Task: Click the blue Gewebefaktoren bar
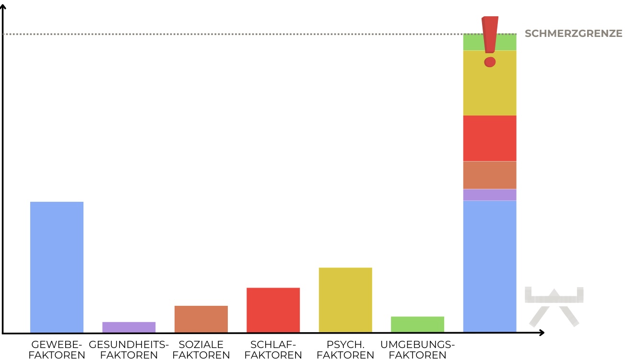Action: point(57,267)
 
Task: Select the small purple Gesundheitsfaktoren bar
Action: point(129,327)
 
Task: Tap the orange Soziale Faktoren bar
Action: point(201,319)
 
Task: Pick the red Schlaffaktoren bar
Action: point(273,310)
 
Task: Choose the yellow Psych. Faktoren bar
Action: point(345,300)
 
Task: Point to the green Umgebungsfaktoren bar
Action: point(417,325)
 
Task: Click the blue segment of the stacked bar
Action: point(489,266)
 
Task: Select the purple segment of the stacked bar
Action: point(489,195)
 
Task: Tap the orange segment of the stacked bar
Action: point(489,175)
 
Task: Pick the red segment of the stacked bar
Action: point(489,138)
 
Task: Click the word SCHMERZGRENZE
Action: point(573,34)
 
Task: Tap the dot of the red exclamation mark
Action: point(490,62)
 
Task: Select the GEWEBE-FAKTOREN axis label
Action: point(57,350)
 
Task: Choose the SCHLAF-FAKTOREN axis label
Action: point(273,350)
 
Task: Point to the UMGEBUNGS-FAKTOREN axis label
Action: point(417,350)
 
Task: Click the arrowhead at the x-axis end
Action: point(541,333)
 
